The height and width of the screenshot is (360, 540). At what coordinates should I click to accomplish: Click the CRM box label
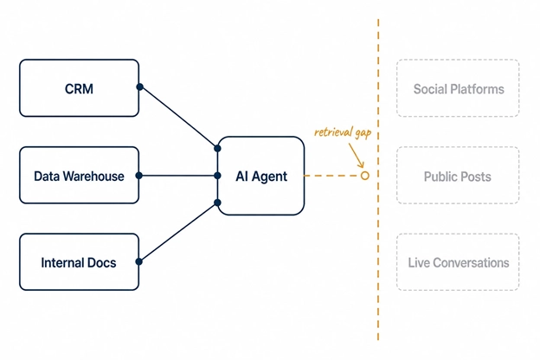pyautogui.click(x=79, y=89)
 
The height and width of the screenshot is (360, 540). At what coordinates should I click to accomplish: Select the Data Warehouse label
pyautogui.click(x=79, y=177)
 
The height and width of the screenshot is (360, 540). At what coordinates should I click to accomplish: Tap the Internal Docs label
pyautogui.click(x=79, y=263)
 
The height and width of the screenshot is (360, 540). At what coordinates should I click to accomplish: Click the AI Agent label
pyautogui.click(x=261, y=177)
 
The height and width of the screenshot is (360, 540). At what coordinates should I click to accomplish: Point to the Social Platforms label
pyautogui.click(x=459, y=89)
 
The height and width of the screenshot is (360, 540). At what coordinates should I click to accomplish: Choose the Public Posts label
pyautogui.click(x=457, y=177)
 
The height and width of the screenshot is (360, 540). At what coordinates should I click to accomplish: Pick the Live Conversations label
pyautogui.click(x=459, y=263)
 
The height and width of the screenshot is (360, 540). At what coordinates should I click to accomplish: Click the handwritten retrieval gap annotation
pyautogui.click(x=343, y=132)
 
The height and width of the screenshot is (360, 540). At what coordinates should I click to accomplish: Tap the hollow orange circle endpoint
pyautogui.click(x=365, y=176)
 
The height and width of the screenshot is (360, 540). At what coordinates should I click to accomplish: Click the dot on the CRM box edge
pyautogui.click(x=140, y=87)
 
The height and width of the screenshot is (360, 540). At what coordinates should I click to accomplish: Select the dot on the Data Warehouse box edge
pyautogui.click(x=139, y=176)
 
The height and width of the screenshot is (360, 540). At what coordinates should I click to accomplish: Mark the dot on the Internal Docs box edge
pyautogui.click(x=139, y=262)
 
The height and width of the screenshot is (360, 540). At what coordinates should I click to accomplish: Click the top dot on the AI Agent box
pyautogui.click(x=217, y=149)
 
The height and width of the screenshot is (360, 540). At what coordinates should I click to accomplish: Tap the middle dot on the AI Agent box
pyautogui.click(x=217, y=176)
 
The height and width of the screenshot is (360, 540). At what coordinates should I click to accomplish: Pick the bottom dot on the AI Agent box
pyautogui.click(x=217, y=202)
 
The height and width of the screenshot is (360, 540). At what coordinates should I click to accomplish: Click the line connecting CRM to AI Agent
pyautogui.click(x=178, y=118)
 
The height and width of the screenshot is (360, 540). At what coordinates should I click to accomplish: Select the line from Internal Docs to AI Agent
pyautogui.click(x=178, y=232)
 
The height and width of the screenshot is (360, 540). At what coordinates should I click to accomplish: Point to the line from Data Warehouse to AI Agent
pyautogui.click(x=178, y=176)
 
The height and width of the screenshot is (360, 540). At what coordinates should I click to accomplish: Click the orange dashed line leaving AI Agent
pyautogui.click(x=332, y=176)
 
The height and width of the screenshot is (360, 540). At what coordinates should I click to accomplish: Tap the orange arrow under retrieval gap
pyautogui.click(x=357, y=156)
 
